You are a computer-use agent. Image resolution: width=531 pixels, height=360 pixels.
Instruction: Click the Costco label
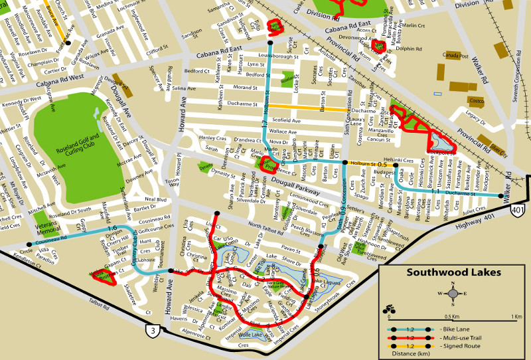point(477,101)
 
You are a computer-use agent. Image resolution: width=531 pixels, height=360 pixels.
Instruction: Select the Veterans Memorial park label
point(48,227)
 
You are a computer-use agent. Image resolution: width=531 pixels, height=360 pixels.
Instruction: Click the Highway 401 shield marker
point(518,210)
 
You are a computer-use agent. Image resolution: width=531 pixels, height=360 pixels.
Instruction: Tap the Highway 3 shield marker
point(153,330)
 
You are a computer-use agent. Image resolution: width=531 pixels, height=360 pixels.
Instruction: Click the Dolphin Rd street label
point(408,48)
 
